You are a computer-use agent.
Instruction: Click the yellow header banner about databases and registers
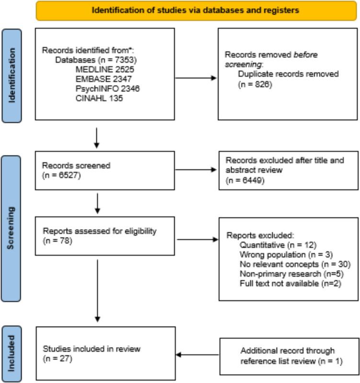tap(197, 10)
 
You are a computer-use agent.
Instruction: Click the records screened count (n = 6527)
tap(59, 174)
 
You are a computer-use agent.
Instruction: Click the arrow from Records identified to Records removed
tap(196, 78)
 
